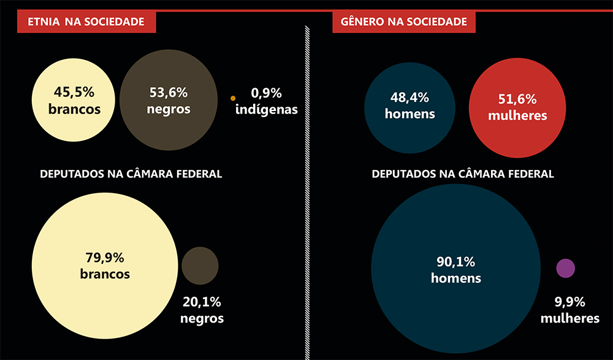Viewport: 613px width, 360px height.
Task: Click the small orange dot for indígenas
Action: tap(233, 98)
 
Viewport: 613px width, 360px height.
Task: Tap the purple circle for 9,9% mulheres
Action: tap(565, 268)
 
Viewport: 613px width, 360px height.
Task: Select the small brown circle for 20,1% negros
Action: tap(200, 266)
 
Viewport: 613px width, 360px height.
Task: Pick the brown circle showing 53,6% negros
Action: tap(168, 101)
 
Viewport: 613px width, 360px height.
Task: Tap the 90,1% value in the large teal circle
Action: tap(455, 262)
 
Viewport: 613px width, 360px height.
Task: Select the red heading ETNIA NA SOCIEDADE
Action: tap(86, 22)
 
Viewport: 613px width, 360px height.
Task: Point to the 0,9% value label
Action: tap(266, 94)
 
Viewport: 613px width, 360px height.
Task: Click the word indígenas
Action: tap(266, 110)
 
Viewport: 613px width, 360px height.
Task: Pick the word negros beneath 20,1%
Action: tap(202, 319)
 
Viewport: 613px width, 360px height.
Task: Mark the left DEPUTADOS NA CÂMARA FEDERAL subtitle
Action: tap(131, 174)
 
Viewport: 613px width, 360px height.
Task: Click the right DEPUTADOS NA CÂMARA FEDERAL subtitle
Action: tap(463, 174)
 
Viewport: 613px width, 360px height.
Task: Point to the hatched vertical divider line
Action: tap(306, 184)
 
